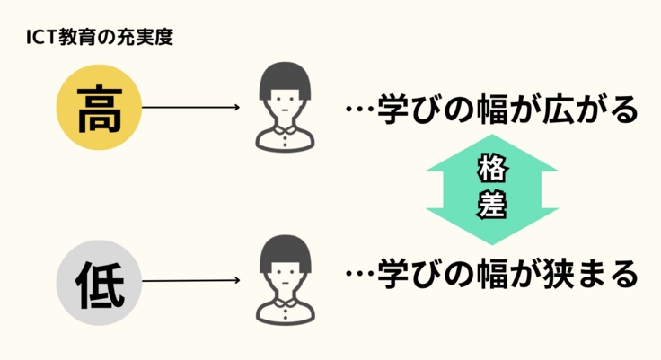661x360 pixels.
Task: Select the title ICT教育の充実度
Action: [x=99, y=39]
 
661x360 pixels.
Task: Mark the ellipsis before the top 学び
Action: [x=359, y=111]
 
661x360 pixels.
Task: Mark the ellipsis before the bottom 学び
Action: [x=359, y=275]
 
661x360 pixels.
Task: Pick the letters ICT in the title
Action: [x=42, y=39]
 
